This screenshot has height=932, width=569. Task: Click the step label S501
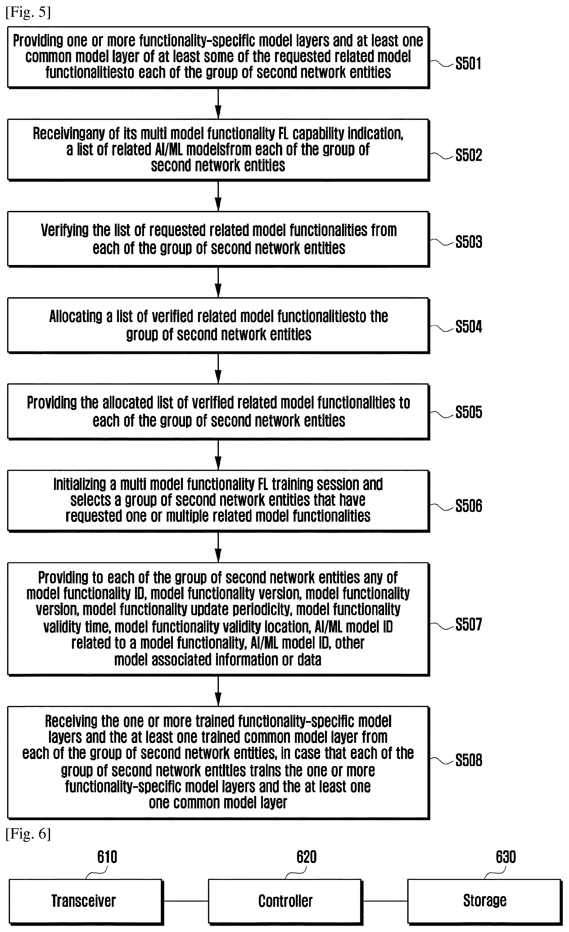point(468,63)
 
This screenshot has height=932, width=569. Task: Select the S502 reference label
point(468,155)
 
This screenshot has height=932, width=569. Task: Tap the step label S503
point(468,242)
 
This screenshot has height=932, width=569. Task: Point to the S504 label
point(468,326)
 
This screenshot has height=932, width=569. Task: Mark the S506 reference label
point(468,506)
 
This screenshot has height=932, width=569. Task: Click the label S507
point(468,624)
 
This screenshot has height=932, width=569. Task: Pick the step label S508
point(468,760)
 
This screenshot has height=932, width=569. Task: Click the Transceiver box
point(86,901)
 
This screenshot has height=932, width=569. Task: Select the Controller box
point(285,901)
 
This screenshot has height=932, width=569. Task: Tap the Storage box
point(484,901)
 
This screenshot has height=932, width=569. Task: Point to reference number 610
point(107,857)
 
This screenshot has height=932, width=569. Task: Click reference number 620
point(306,857)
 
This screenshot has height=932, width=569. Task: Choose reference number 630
point(506,857)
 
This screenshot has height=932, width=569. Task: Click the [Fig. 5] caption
point(28,12)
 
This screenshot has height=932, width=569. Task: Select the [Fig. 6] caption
point(28,833)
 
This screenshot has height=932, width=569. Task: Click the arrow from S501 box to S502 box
point(218,104)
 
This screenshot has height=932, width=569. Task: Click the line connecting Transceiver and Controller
point(186,901)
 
